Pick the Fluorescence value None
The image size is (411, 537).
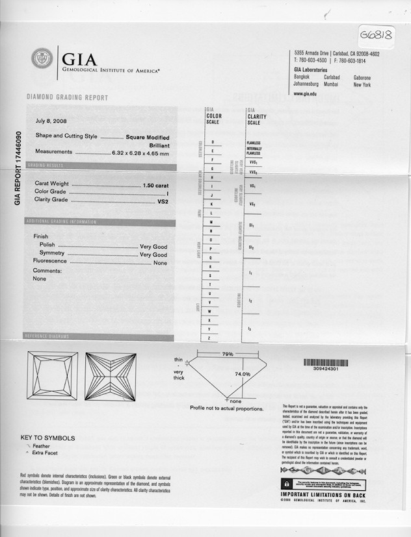click(160, 262)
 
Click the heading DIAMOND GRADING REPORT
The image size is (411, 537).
click(67, 98)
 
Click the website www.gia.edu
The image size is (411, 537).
click(305, 94)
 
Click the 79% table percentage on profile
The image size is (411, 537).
click(228, 354)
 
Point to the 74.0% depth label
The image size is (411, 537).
click(242, 374)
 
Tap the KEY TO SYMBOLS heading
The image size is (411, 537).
click(47, 438)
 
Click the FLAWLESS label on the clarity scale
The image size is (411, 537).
click(254, 142)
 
